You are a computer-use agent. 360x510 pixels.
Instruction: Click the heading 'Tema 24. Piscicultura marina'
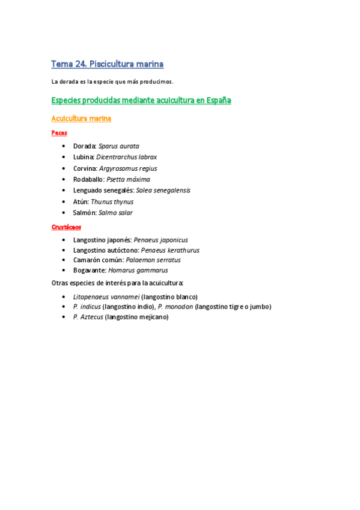point(108,64)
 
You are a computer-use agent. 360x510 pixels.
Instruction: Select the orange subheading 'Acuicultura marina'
point(81,118)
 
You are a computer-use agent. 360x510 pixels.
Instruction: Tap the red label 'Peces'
point(59,132)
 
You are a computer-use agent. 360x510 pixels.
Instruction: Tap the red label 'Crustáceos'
point(66,227)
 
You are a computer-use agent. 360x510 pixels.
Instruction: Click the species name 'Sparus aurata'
point(119,146)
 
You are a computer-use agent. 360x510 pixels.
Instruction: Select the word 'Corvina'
point(84,168)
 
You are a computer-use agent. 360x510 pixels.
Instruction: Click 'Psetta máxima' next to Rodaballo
point(128,179)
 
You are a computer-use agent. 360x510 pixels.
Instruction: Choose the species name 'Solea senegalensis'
point(163,190)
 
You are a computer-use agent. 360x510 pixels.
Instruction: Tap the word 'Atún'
point(81,201)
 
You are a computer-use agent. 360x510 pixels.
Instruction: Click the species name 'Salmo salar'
point(116,212)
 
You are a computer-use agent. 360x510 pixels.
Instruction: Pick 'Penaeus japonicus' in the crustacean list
point(160,240)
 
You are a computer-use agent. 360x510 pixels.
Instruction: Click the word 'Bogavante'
point(90,271)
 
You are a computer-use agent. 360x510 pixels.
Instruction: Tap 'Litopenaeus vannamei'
point(106,296)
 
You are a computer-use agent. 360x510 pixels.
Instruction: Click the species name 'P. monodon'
point(175,307)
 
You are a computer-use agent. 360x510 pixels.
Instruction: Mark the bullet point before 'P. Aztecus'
point(64,317)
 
